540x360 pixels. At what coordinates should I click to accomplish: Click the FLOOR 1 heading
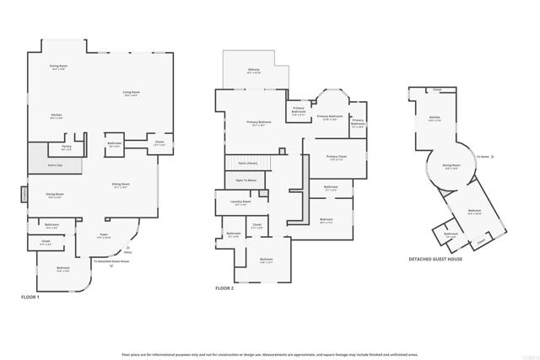coord(30,297)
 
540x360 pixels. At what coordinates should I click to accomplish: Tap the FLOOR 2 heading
coord(224,288)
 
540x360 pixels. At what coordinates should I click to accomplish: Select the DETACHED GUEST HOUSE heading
coord(435,259)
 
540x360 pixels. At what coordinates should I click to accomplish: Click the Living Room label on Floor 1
coord(131,94)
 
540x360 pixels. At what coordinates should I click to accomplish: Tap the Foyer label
coord(104,235)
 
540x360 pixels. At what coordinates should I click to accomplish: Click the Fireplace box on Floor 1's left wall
coord(24,196)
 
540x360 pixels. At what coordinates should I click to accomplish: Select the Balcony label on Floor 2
coord(254,71)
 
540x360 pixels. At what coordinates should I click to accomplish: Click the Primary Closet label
coord(335,158)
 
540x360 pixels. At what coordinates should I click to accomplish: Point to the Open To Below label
coord(246,180)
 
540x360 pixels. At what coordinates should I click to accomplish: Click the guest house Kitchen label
coord(435,118)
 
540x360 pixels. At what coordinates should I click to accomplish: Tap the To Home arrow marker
coord(483,157)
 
